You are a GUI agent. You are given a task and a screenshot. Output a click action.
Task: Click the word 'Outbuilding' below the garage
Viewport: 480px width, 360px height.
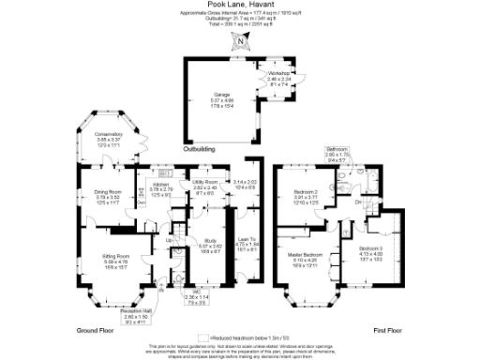[x=199, y=148]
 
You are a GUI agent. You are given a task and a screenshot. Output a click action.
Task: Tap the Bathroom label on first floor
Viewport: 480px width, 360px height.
[x=337, y=149]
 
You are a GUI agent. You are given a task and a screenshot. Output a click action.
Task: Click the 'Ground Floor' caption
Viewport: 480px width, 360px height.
[x=95, y=331]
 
